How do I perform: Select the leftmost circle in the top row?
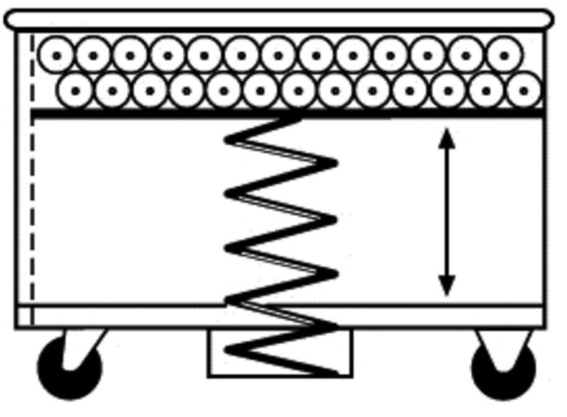click(x=56, y=55)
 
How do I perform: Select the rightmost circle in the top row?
click(x=504, y=55)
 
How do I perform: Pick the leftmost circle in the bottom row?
click(x=75, y=91)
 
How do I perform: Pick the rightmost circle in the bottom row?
click(x=523, y=91)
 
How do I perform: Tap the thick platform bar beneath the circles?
click(x=155, y=114)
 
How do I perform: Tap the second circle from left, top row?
click(x=93, y=55)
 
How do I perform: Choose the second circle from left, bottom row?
click(x=113, y=91)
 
